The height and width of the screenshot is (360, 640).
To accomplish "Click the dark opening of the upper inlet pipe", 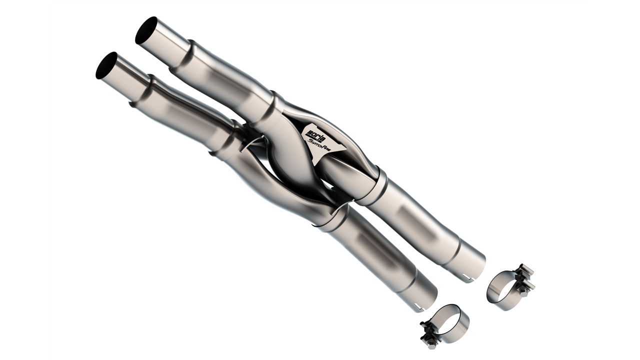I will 146,30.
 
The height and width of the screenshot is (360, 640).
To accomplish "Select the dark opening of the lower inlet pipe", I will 106,65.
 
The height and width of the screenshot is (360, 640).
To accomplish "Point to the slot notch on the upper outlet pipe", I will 466,276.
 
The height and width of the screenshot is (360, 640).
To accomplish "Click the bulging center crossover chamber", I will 290,160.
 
